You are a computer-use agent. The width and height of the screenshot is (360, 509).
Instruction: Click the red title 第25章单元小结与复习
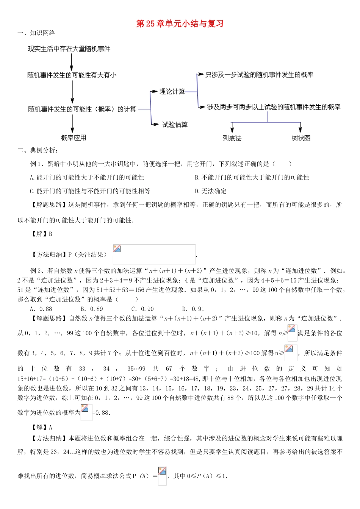click(x=180, y=24)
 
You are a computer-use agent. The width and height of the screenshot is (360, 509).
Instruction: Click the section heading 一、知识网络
click(x=36, y=33)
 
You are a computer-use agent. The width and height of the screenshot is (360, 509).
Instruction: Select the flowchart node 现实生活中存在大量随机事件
click(x=69, y=49)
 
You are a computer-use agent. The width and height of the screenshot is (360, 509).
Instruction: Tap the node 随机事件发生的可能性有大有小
click(x=72, y=75)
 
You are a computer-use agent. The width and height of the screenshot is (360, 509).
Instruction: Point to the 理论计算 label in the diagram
click(x=172, y=92)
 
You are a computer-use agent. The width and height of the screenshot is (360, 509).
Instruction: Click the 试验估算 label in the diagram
click(x=175, y=125)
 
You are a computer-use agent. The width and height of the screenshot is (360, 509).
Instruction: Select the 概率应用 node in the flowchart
click(x=74, y=138)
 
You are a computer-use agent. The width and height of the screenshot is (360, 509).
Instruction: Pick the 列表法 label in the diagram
click(x=232, y=138)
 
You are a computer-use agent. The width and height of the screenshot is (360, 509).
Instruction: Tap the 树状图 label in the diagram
click(x=301, y=138)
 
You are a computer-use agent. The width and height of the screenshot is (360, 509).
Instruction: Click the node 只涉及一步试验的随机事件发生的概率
click(x=259, y=75)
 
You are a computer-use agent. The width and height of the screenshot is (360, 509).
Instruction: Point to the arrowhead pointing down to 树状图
click(x=301, y=129)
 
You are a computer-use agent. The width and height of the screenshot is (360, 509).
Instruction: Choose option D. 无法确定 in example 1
click(x=211, y=191)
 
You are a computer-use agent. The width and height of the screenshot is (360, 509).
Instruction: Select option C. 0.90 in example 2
click(x=142, y=309)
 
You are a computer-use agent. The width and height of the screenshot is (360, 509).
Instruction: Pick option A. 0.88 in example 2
click(x=41, y=309)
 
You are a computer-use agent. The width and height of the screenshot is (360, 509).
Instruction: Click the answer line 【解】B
click(x=42, y=234)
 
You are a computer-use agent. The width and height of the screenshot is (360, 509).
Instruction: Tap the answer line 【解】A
click(x=42, y=428)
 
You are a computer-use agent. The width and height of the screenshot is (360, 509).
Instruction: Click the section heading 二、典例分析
click(x=38, y=151)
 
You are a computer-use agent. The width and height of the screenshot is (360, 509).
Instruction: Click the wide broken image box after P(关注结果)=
click(x=154, y=254)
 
